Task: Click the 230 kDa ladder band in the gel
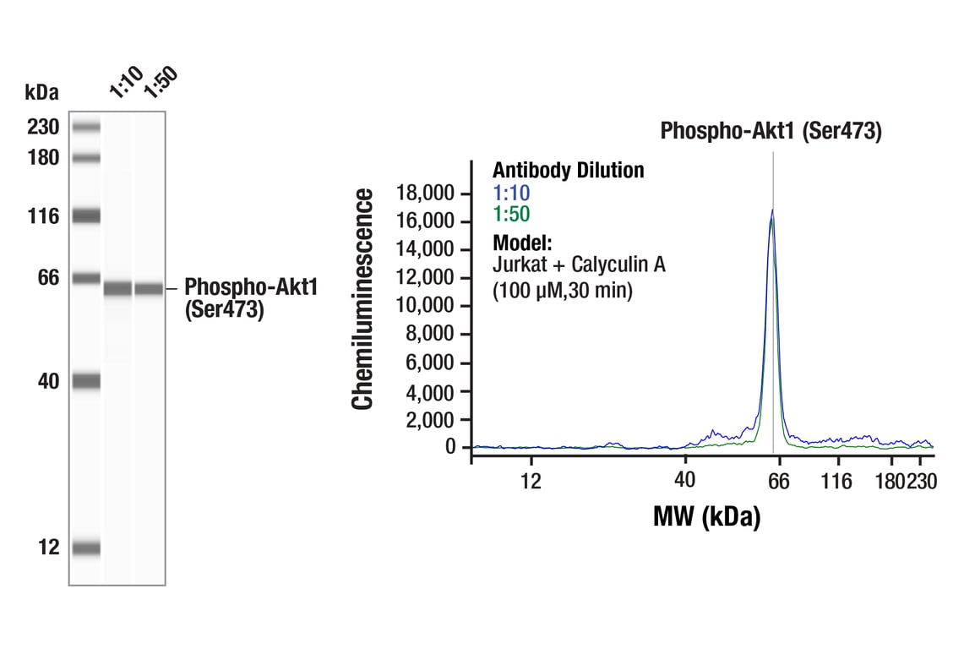86,128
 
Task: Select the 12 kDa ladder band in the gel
86,548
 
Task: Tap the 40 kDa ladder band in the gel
86,382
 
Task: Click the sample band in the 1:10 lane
117,289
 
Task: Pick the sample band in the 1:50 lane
149,289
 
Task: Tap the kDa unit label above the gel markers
41,91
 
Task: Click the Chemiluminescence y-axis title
362,300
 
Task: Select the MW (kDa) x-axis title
706,515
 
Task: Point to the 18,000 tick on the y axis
425,194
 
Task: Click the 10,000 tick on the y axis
425,306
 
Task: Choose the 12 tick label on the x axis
531,481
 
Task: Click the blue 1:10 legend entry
511,193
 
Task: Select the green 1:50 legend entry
511,215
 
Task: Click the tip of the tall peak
772,210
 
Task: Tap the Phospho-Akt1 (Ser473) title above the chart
771,132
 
